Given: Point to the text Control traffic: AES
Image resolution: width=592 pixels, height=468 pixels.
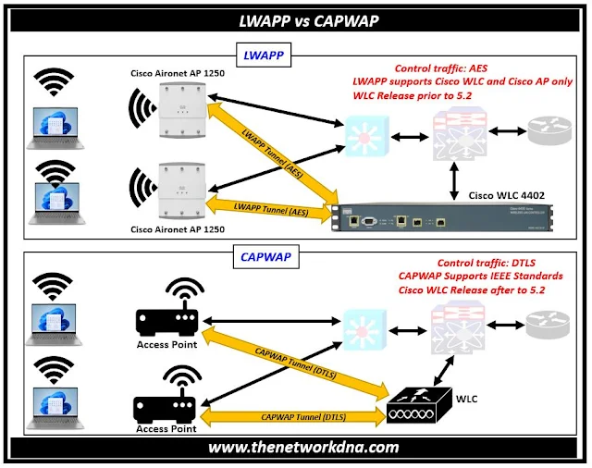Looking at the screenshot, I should [x=442, y=68].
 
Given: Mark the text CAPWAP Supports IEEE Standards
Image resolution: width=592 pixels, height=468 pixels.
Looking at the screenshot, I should [x=482, y=276].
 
